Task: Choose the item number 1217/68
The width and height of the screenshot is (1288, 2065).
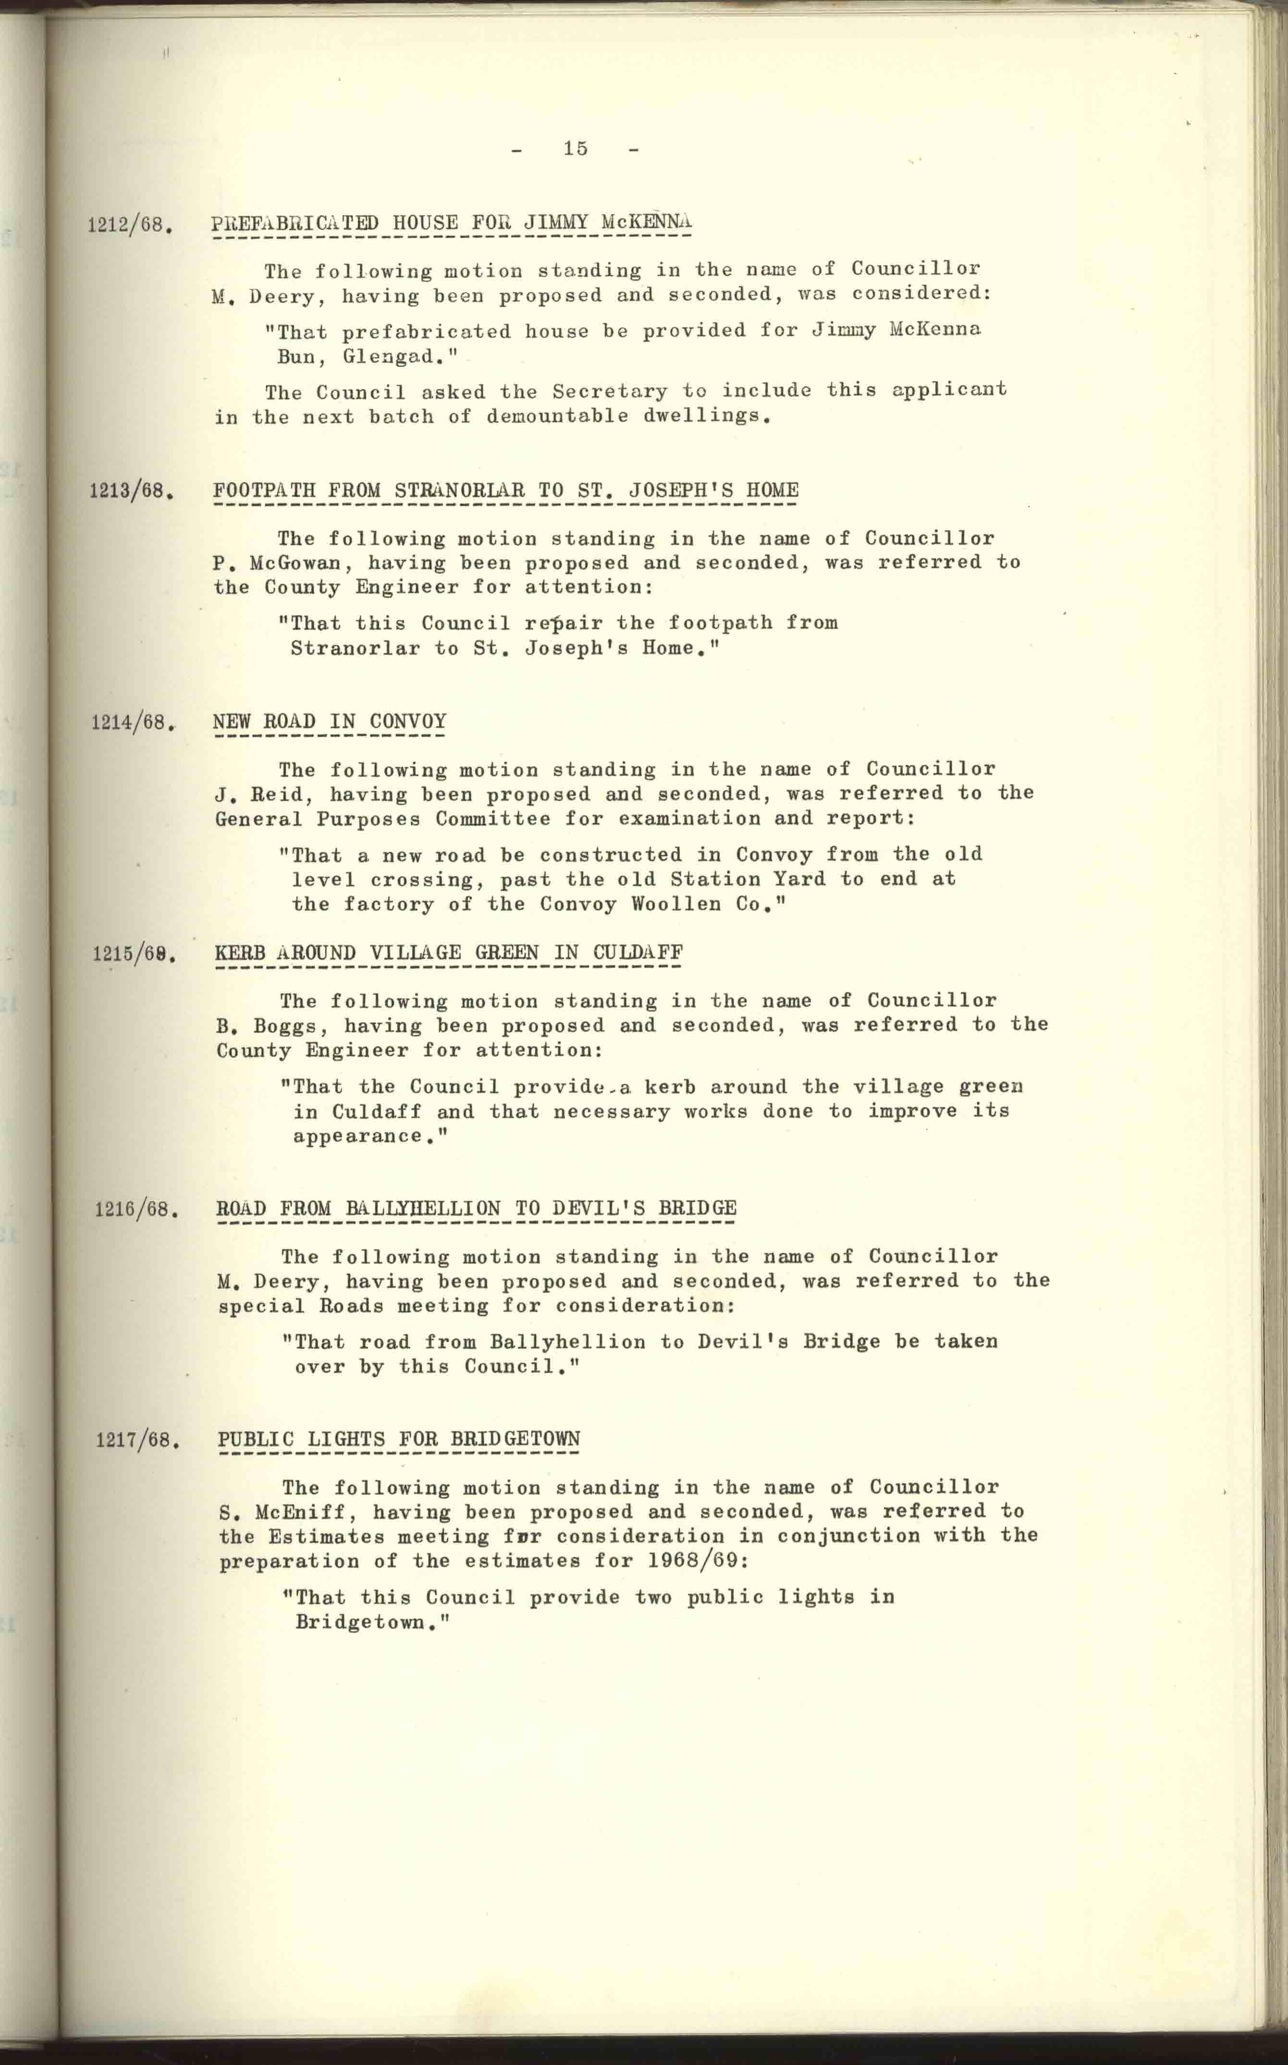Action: pos(137,1441)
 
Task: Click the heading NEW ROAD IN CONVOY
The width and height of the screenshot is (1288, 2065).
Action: pos(330,721)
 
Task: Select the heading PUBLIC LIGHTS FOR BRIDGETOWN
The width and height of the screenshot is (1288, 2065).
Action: pos(399,1439)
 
